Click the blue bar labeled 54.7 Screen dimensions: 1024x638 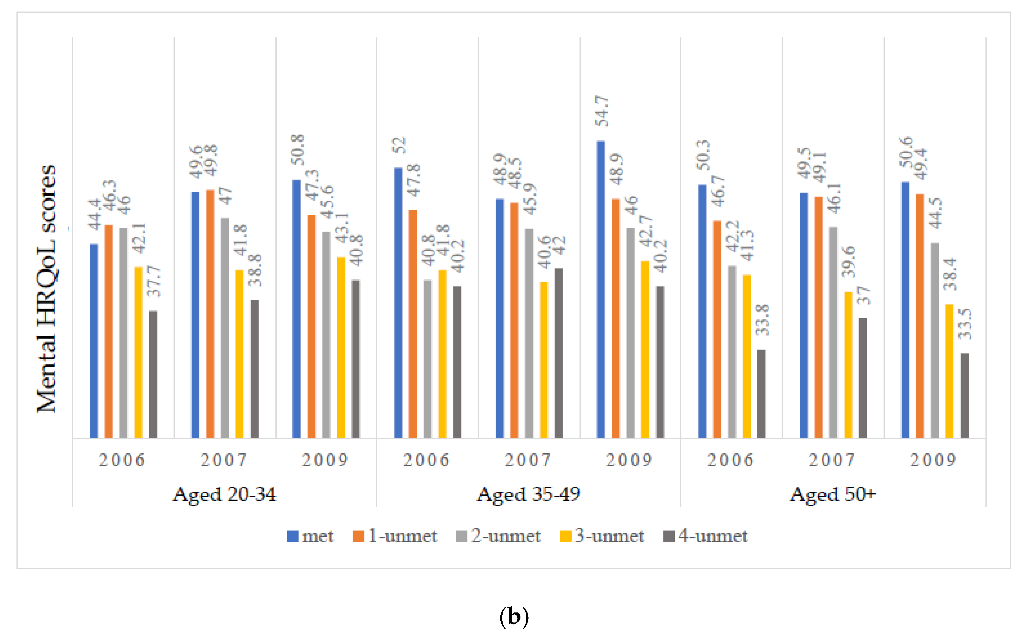pos(600,289)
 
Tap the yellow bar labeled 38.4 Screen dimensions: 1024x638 pos(949,371)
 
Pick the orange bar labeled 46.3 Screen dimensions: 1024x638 pos(108,332)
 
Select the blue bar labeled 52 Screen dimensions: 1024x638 pos(398,303)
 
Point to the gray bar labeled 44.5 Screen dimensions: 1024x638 pos(935,341)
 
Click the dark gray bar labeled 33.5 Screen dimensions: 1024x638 pos(964,395)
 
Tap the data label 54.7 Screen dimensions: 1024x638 pos(601,111)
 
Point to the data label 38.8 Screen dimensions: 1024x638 pos(255,270)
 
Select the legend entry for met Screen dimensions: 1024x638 pos(310,536)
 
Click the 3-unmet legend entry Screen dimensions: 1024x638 pos(602,536)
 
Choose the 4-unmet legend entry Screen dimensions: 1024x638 pos(706,536)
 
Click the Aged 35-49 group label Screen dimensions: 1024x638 pos(528,494)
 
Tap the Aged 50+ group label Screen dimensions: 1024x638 pos(833,494)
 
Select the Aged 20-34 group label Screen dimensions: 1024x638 pos(224,494)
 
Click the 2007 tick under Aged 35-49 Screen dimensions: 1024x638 pos(528,460)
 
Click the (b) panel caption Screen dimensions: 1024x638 pos(514,617)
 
